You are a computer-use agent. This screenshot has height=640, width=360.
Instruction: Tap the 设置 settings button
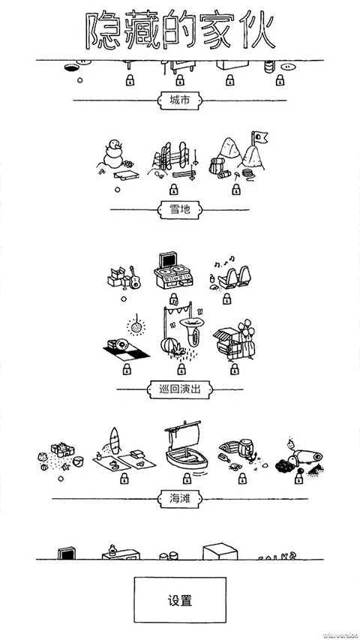[180, 600]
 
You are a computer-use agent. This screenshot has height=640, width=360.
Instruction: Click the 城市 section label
[180, 100]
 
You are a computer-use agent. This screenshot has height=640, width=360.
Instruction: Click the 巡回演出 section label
[180, 389]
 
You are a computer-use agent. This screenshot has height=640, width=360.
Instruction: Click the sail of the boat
[188, 434]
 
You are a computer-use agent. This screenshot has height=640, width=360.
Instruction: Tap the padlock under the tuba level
[180, 369]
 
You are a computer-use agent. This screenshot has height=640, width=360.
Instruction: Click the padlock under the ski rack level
[174, 188]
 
